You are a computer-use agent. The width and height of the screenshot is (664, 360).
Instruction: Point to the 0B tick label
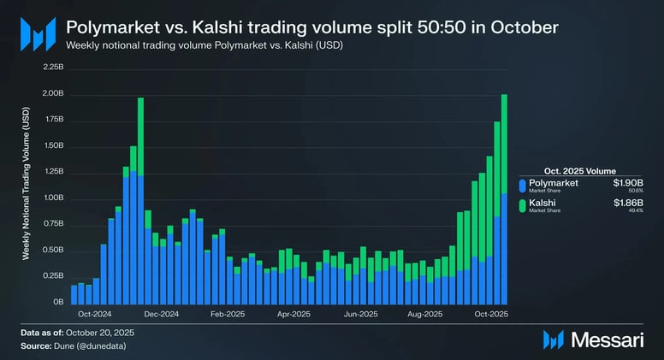point(57,303)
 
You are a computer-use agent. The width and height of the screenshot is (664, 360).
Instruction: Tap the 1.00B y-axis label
point(52,198)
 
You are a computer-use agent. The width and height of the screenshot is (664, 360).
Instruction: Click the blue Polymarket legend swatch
point(522,186)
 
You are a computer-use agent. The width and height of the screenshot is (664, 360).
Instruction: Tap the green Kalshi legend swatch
point(522,205)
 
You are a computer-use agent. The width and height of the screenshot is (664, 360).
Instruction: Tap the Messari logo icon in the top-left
point(38,34)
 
